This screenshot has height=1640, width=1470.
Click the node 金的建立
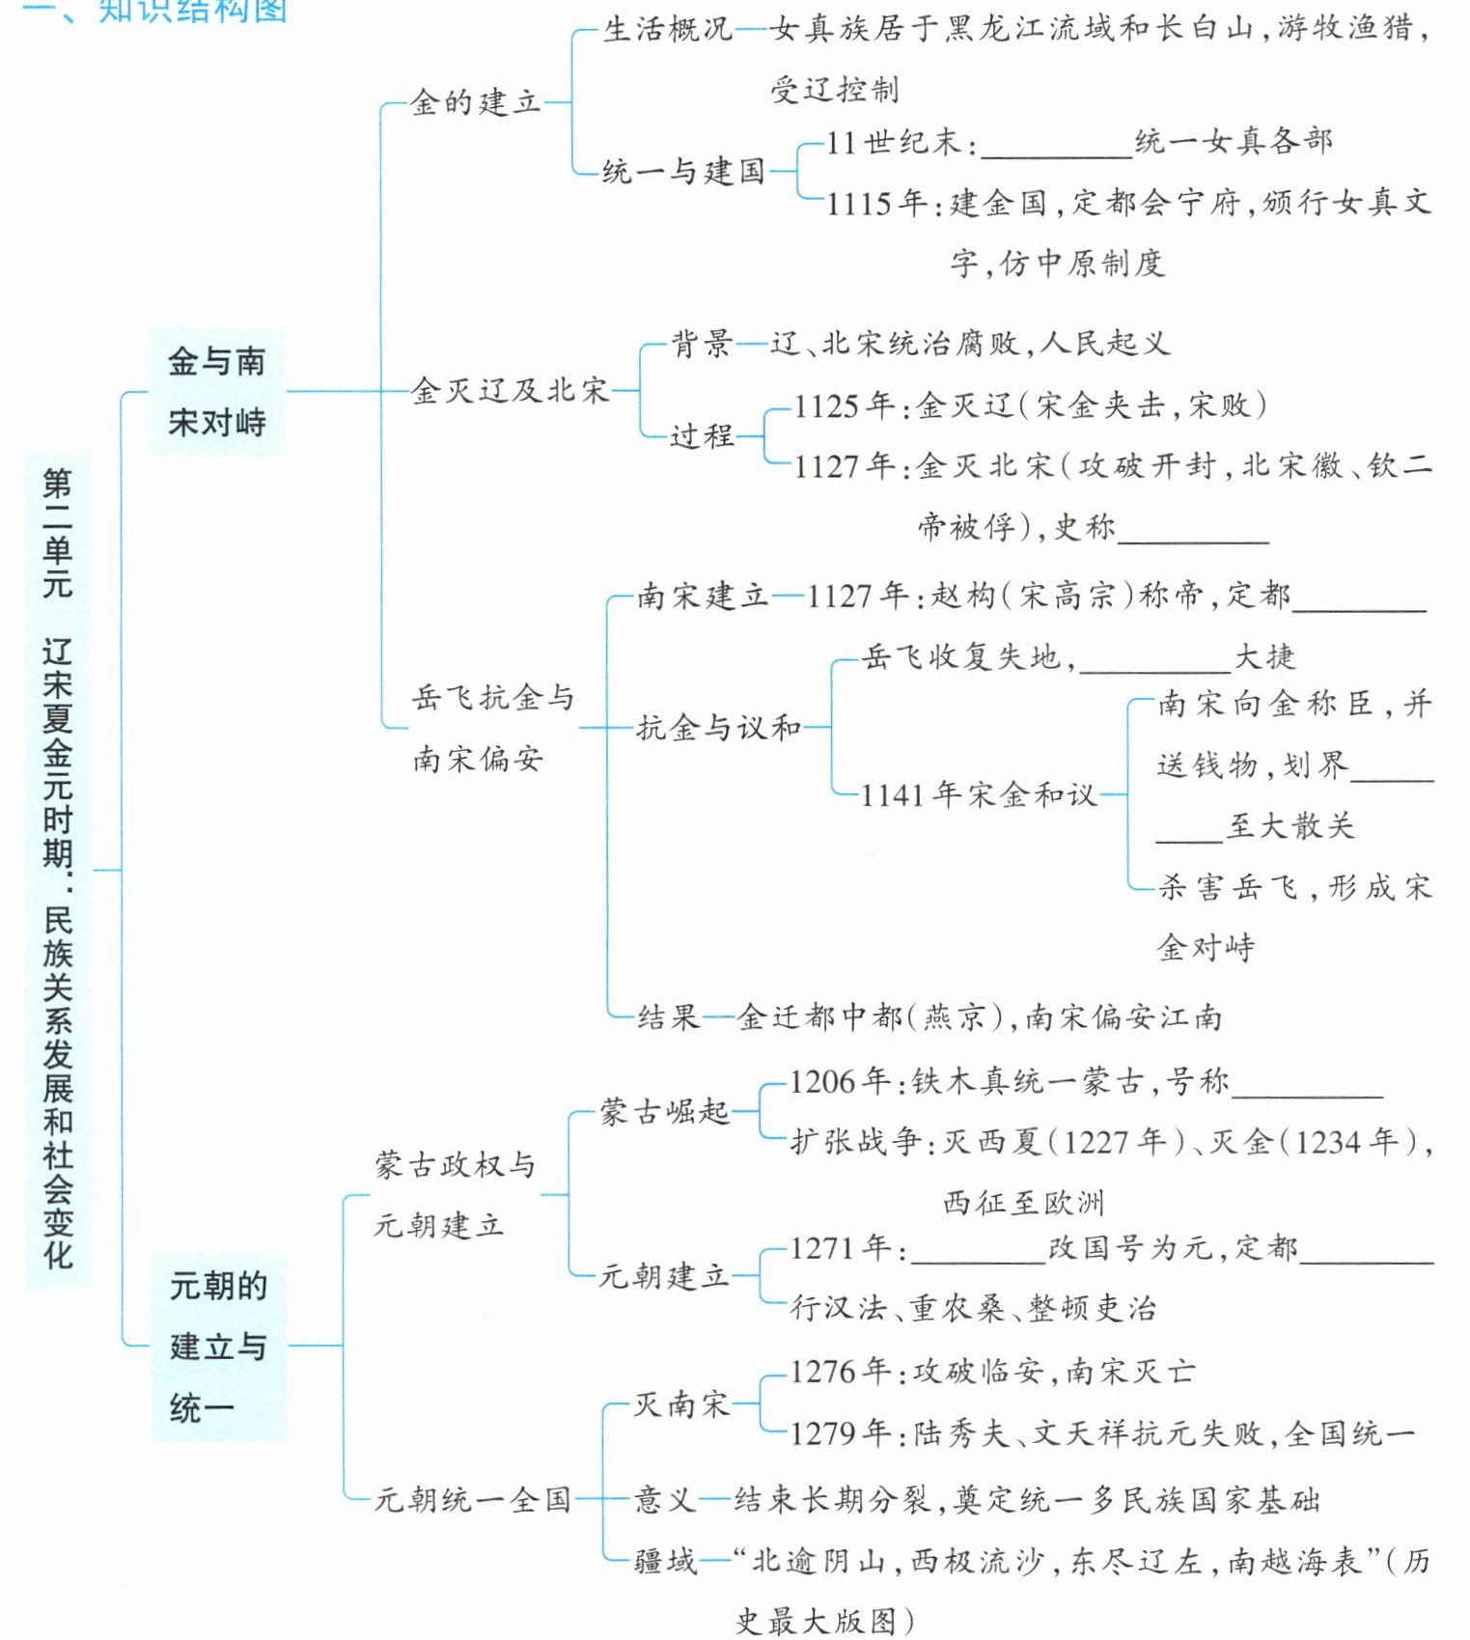point(475,102)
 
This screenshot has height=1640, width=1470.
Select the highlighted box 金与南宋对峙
point(216,392)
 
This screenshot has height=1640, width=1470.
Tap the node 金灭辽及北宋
point(510,391)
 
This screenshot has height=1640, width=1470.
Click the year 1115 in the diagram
point(858,204)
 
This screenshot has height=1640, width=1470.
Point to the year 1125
point(826,405)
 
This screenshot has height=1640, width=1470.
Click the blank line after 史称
point(1193,533)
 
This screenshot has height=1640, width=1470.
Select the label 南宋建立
point(702,597)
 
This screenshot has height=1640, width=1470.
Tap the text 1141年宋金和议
point(978,795)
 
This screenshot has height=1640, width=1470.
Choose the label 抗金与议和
point(718,728)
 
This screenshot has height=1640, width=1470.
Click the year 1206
point(822,1082)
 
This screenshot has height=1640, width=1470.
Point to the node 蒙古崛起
point(664,1112)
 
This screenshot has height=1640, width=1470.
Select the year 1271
point(822,1248)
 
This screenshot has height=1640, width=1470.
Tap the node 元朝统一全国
point(472,1499)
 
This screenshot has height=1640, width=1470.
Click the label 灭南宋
point(680,1404)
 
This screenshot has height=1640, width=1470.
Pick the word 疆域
point(664,1561)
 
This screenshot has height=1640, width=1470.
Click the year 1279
point(822,1433)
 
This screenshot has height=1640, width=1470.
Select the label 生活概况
point(667,30)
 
